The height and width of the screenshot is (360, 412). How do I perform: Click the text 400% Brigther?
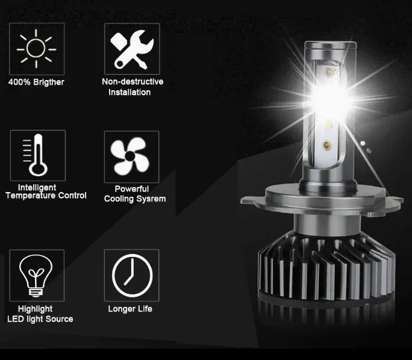click(36, 82)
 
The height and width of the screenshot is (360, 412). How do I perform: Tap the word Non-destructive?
click(133, 82)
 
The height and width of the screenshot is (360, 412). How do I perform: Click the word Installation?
click(130, 93)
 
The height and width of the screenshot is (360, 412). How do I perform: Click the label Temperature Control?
click(46, 196)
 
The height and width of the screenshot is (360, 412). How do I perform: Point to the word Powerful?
click(132, 189)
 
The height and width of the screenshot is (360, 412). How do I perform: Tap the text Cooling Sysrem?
click(135, 199)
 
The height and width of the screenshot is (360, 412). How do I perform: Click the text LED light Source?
click(40, 319)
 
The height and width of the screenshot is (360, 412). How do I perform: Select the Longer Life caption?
click(130, 309)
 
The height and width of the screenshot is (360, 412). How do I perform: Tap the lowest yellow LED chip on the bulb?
click(326, 144)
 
